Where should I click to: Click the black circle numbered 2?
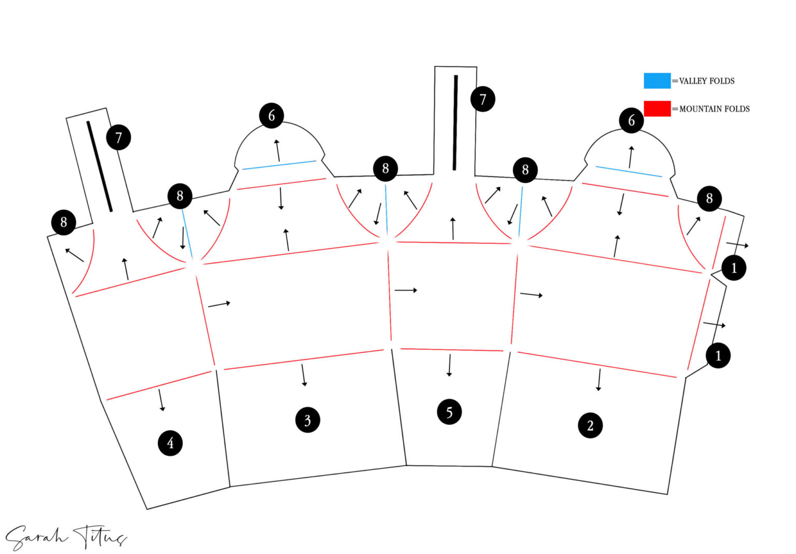click(590, 425)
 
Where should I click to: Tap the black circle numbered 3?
click(308, 420)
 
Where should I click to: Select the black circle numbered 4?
click(170, 443)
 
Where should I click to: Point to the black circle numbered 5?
click(449, 412)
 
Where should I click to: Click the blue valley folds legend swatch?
click(657, 81)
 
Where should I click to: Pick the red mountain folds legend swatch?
click(657, 108)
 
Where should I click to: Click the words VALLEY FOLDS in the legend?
click(707, 81)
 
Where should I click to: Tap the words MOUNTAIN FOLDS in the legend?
click(714, 109)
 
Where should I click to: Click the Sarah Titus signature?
click(66, 537)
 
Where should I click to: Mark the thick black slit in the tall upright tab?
click(455, 122)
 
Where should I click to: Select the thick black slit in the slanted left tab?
click(99, 167)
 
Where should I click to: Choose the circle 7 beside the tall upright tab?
click(483, 99)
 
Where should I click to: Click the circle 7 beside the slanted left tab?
click(119, 137)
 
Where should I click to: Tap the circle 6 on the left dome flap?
click(272, 116)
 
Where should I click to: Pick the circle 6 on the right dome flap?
click(632, 120)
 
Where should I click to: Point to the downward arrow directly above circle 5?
click(449, 365)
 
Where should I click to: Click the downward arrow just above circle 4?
click(161, 400)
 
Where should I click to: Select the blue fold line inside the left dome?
click(279, 165)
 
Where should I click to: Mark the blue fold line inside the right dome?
click(629, 171)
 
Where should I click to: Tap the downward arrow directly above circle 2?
click(599, 380)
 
